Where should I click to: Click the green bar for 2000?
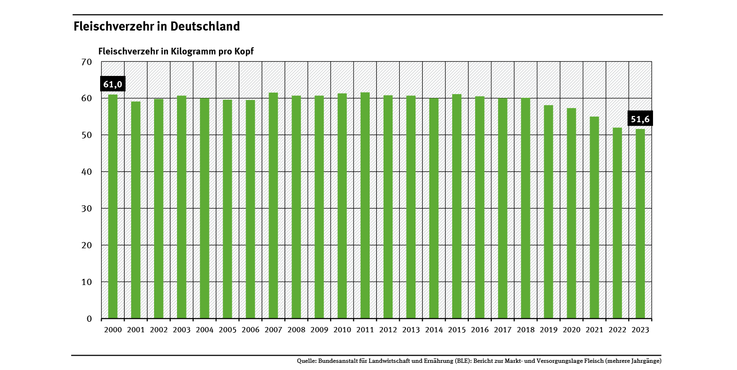[x=113, y=206]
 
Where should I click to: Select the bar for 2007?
[x=273, y=205]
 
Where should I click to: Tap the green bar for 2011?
[x=365, y=205]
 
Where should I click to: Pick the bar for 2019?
[x=549, y=211]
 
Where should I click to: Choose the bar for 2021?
[x=594, y=217]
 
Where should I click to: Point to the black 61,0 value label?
[x=113, y=85]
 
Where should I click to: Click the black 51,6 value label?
[x=640, y=119]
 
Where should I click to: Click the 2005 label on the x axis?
[x=228, y=330]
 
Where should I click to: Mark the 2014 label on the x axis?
[x=434, y=330]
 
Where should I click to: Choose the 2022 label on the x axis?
[x=617, y=330]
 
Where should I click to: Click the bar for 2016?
[x=480, y=207]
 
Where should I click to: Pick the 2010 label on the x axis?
[x=342, y=330]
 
